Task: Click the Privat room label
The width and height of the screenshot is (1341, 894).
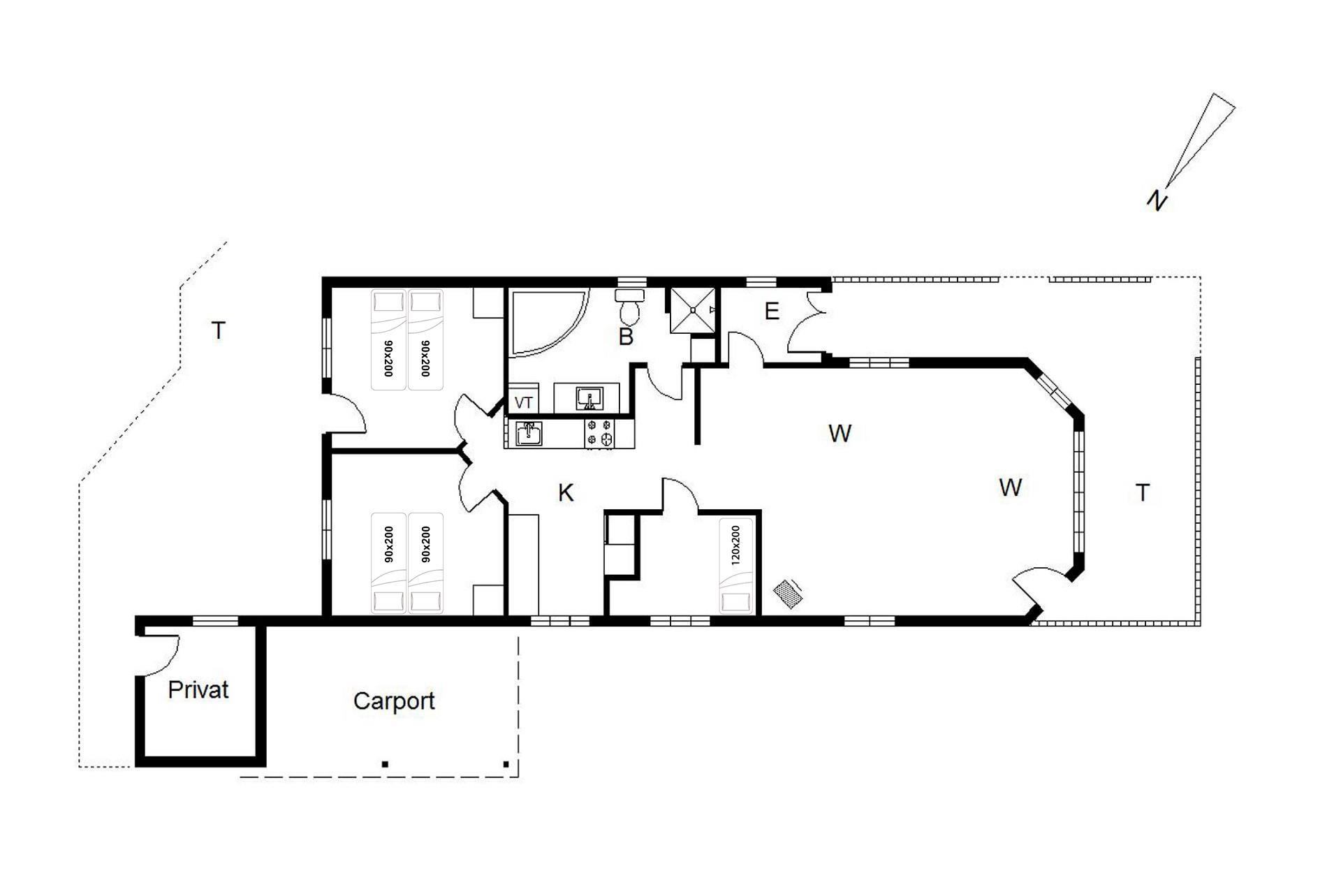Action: (198, 690)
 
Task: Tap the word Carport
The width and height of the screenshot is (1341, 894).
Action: (394, 701)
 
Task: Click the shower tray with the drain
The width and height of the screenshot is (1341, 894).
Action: (693, 310)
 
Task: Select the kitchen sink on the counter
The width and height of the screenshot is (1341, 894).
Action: (529, 433)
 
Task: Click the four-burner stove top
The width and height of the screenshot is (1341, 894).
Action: (600, 433)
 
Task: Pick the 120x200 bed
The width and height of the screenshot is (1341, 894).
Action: (736, 566)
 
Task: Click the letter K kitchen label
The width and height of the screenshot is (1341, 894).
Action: (566, 493)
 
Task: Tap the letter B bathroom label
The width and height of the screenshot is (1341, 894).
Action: (626, 337)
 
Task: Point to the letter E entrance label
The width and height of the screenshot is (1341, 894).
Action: (772, 311)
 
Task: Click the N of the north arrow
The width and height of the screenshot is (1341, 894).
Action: (1157, 200)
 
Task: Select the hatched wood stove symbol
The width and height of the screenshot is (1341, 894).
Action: (788, 593)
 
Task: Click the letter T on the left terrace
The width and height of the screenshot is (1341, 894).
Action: (219, 330)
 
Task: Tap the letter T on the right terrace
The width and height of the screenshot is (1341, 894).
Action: (1143, 493)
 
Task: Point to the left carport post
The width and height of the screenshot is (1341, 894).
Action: (385, 764)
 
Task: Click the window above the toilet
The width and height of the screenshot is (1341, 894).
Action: (632, 282)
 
